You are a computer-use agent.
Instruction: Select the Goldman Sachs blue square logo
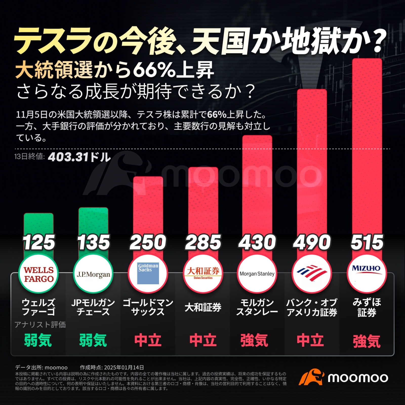(x=148, y=273)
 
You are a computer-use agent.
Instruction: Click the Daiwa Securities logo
(x=203, y=273)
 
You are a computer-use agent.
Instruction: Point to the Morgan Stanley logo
(x=257, y=274)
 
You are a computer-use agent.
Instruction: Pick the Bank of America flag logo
(x=312, y=273)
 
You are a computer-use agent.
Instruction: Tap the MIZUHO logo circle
(x=367, y=273)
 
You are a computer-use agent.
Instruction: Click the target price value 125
(x=39, y=242)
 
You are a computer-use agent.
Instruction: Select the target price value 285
(x=203, y=242)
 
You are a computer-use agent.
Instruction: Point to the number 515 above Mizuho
(x=367, y=242)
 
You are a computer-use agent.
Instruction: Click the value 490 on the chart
(x=312, y=242)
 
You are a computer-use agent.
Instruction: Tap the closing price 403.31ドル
(x=79, y=157)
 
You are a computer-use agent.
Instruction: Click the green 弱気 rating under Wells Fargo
(x=38, y=340)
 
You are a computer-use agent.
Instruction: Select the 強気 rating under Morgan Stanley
(x=254, y=340)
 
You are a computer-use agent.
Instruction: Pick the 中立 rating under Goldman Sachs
(x=148, y=340)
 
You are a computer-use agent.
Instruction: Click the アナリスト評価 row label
(x=40, y=325)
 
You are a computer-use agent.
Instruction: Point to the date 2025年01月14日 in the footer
(x=124, y=368)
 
